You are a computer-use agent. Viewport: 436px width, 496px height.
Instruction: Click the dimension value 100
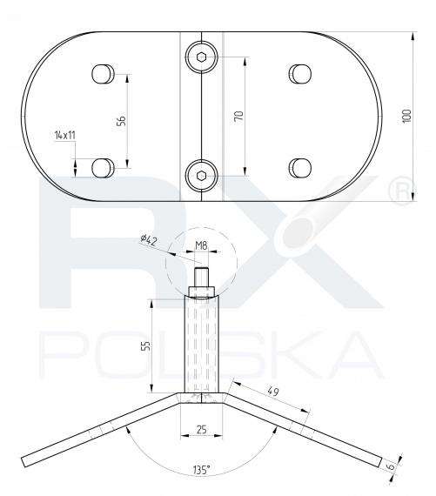406,117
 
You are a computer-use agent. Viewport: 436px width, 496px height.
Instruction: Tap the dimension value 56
122,121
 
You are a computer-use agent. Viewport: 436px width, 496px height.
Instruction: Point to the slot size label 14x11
65,136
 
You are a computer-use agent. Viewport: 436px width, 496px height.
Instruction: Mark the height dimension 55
144,345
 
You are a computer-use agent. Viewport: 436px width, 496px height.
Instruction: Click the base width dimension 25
200,430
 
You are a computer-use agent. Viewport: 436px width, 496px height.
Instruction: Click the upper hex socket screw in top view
201,57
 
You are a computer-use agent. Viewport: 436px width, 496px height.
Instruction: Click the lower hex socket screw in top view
201,176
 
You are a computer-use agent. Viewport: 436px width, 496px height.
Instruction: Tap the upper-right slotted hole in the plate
300,71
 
